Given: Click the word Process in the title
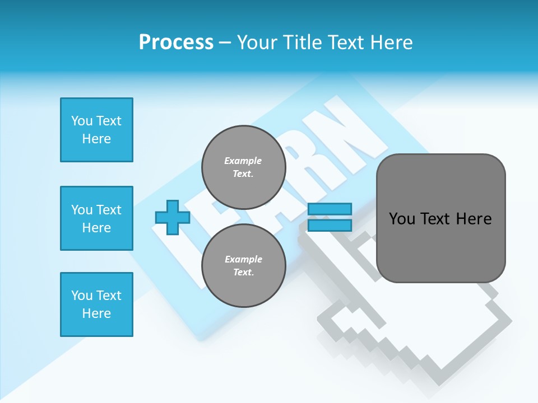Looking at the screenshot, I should coord(176,42).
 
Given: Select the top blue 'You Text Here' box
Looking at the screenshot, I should coord(96,130).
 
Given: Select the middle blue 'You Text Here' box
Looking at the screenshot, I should coord(96,218).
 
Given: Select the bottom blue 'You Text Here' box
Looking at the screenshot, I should coord(96,304).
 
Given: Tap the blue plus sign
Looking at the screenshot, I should coord(173,217).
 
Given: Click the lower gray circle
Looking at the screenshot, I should coord(244,265).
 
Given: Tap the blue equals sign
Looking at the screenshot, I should coord(330,217).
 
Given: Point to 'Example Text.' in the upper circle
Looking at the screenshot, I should coord(243,167).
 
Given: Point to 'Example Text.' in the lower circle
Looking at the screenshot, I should coord(243,266).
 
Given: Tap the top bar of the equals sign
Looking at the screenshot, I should coord(330,209).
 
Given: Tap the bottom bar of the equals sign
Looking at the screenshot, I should coord(330,225).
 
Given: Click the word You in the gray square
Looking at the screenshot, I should coord(402,218).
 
